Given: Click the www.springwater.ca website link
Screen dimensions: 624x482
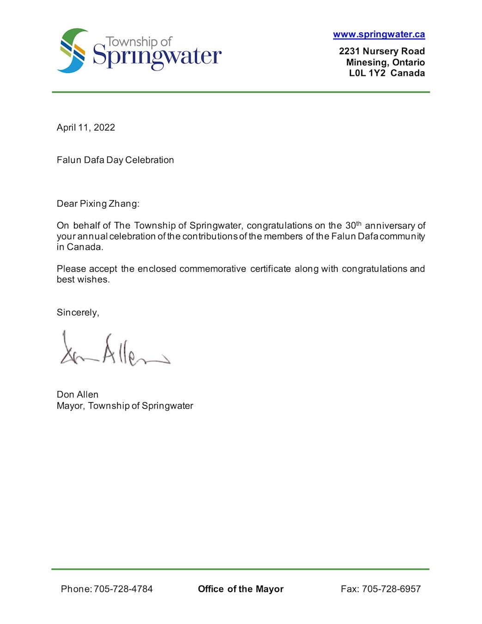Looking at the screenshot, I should click(379, 34).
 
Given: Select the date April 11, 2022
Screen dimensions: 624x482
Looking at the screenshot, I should click(86, 128).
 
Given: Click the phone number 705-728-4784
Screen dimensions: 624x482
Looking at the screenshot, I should click(123, 589).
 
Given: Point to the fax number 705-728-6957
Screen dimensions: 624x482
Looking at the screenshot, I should click(391, 589).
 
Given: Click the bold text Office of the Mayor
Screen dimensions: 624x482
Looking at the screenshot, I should click(240, 589).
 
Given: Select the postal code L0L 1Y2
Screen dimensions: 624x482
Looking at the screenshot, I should click(367, 73).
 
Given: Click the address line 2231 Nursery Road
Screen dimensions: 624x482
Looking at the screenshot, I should click(382, 51).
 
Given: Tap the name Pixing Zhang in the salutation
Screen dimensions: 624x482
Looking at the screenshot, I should click(109, 204).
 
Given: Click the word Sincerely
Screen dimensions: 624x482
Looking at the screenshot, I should click(77, 312).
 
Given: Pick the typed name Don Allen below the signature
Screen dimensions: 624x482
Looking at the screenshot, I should click(78, 395).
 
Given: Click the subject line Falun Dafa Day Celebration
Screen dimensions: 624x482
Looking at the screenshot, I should click(115, 160).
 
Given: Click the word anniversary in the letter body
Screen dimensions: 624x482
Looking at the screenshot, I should click(390, 226).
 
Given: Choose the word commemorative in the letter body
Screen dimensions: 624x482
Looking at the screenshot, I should click(213, 269).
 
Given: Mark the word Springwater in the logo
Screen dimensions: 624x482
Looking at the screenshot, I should click(157, 57).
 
